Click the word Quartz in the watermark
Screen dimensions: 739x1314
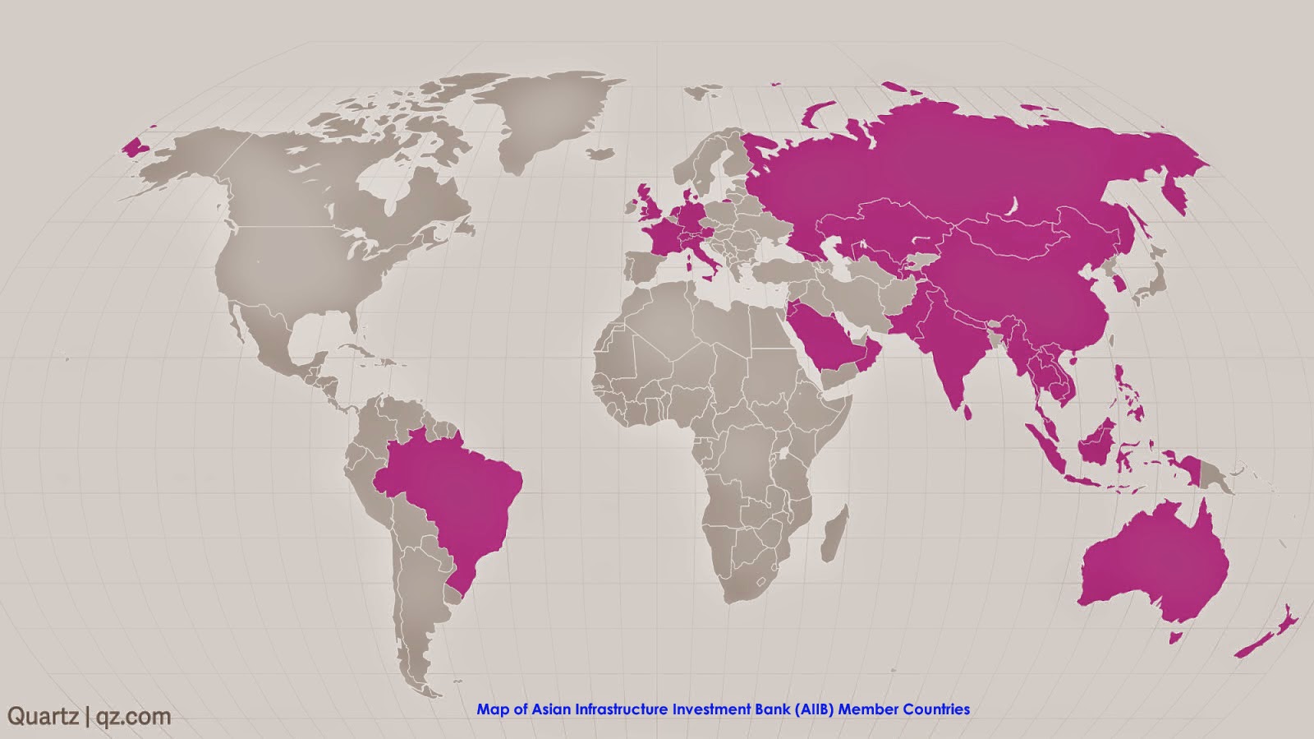tap(43, 716)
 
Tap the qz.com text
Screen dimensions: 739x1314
tap(134, 716)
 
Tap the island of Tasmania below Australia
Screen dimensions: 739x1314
tap(1178, 636)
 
